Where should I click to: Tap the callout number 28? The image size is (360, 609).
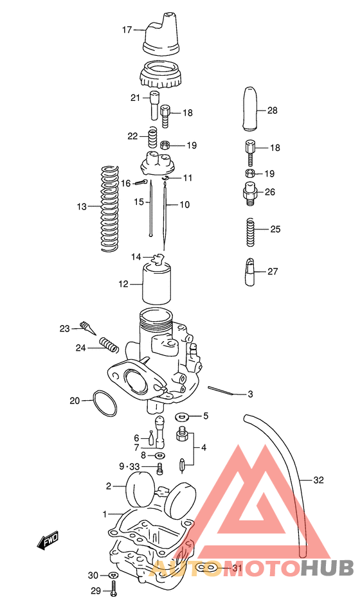coord(272,110)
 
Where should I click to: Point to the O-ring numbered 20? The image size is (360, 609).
coord(104,404)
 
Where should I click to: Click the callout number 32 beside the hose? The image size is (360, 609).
coord(319,480)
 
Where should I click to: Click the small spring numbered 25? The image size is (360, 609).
coord(251,231)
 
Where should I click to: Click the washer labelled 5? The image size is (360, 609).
coord(182,416)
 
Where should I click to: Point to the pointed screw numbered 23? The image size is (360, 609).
coord(87,329)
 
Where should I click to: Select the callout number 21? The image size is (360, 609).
coord(135,98)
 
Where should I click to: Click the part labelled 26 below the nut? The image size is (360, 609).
coord(250,192)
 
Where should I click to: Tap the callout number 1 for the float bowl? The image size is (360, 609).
coord(105,514)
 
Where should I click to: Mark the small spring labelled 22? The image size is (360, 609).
coord(153,137)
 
